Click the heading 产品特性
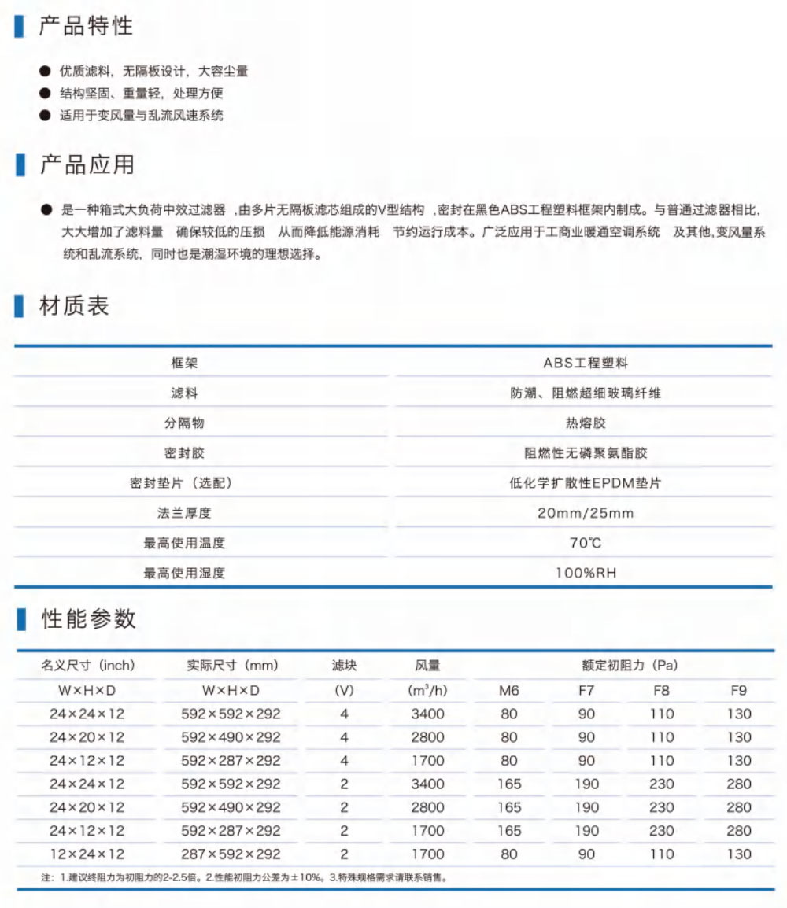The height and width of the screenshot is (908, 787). pyautogui.click(x=87, y=26)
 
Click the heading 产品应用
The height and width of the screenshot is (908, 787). pyautogui.click(x=87, y=165)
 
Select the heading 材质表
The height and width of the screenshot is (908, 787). pyautogui.click(x=75, y=306)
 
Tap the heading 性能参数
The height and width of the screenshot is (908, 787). pyautogui.click(x=88, y=618)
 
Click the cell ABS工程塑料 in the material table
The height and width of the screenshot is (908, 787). pyautogui.click(x=586, y=363)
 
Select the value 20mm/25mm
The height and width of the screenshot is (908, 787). pyautogui.click(x=586, y=513)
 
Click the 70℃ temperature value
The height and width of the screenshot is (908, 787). pyautogui.click(x=586, y=543)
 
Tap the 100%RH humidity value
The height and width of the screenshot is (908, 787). pyautogui.click(x=586, y=573)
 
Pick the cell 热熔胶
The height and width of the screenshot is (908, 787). pyautogui.click(x=586, y=423)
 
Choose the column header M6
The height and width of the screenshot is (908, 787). pyautogui.click(x=509, y=691)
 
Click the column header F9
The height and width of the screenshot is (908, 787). pyautogui.click(x=738, y=691)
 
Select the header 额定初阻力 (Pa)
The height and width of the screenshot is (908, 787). pyautogui.click(x=630, y=666)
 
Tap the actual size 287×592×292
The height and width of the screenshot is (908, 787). pyautogui.click(x=231, y=854)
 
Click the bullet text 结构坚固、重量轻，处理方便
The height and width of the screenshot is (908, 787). pyautogui.click(x=142, y=93)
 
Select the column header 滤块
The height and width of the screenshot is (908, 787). pyautogui.click(x=344, y=666)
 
